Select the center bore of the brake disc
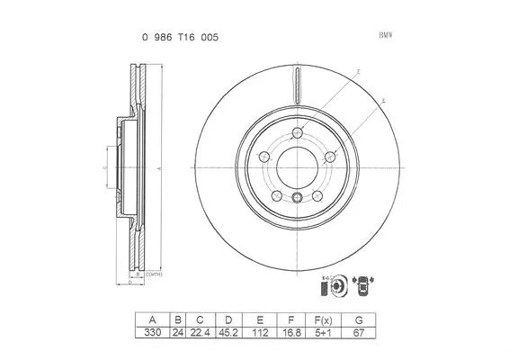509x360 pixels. click(x=297, y=166)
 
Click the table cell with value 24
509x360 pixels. click(x=178, y=332)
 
